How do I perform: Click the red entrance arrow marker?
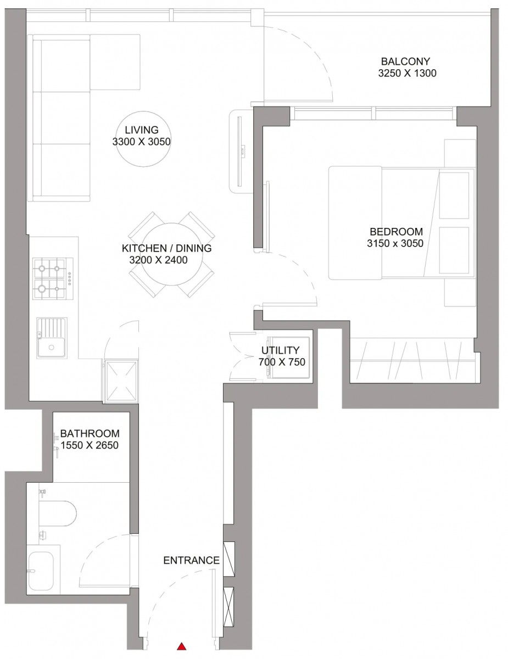[x=181, y=646]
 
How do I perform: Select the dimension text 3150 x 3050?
[x=395, y=243]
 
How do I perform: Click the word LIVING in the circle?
[x=141, y=130]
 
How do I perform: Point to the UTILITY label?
[x=280, y=350]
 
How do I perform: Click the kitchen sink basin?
[x=53, y=346]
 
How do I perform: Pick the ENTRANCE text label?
[x=191, y=561]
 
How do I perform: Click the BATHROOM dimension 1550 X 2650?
[x=90, y=445]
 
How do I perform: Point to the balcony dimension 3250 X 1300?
[x=407, y=74]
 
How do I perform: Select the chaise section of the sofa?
[x=114, y=62]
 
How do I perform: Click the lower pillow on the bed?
[x=454, y=250]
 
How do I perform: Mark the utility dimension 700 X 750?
[x=281, y=362]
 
